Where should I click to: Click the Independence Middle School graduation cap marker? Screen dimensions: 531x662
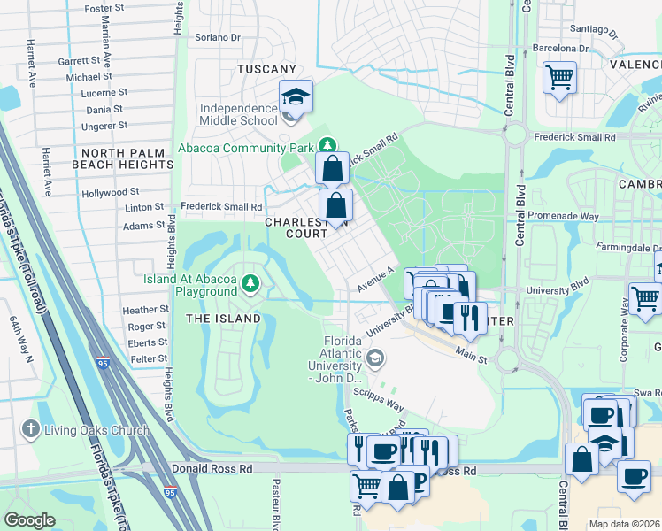tap(296, 97)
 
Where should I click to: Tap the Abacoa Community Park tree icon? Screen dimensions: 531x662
tap(327, 145)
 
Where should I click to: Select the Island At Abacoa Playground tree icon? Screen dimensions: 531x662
tap(252, 283)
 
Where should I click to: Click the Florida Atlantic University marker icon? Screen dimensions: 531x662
tap(375, 358)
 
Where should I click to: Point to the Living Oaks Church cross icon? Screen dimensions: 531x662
tap(31, 429)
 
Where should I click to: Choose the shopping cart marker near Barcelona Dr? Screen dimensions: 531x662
tap(559, 78)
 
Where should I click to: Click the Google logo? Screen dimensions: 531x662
tap(29, 520)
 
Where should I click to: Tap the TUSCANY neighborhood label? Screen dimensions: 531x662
tap(266, 69)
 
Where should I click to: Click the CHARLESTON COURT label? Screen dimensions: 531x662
tap(301, 228)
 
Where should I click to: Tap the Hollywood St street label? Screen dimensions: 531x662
tap(110, 192)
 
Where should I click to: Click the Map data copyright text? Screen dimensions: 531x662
tap(624, 523)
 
